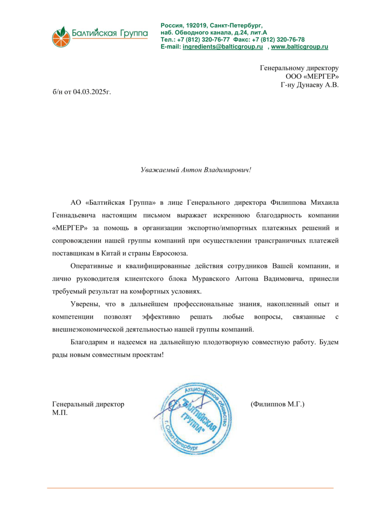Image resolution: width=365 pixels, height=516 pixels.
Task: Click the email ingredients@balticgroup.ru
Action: point(223,47)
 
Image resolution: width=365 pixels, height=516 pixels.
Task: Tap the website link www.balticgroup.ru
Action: point(300,47)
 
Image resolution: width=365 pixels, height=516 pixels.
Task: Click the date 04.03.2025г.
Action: point(92,92)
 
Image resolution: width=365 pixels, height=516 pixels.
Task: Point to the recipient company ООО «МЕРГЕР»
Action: point(312,76)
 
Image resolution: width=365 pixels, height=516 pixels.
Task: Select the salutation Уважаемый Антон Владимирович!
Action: point(196,170)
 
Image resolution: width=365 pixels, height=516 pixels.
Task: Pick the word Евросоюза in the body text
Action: point(170,252)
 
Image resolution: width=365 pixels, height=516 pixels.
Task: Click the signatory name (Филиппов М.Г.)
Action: point(277,404)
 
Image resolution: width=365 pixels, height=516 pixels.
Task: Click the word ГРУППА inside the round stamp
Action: point(194,422)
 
